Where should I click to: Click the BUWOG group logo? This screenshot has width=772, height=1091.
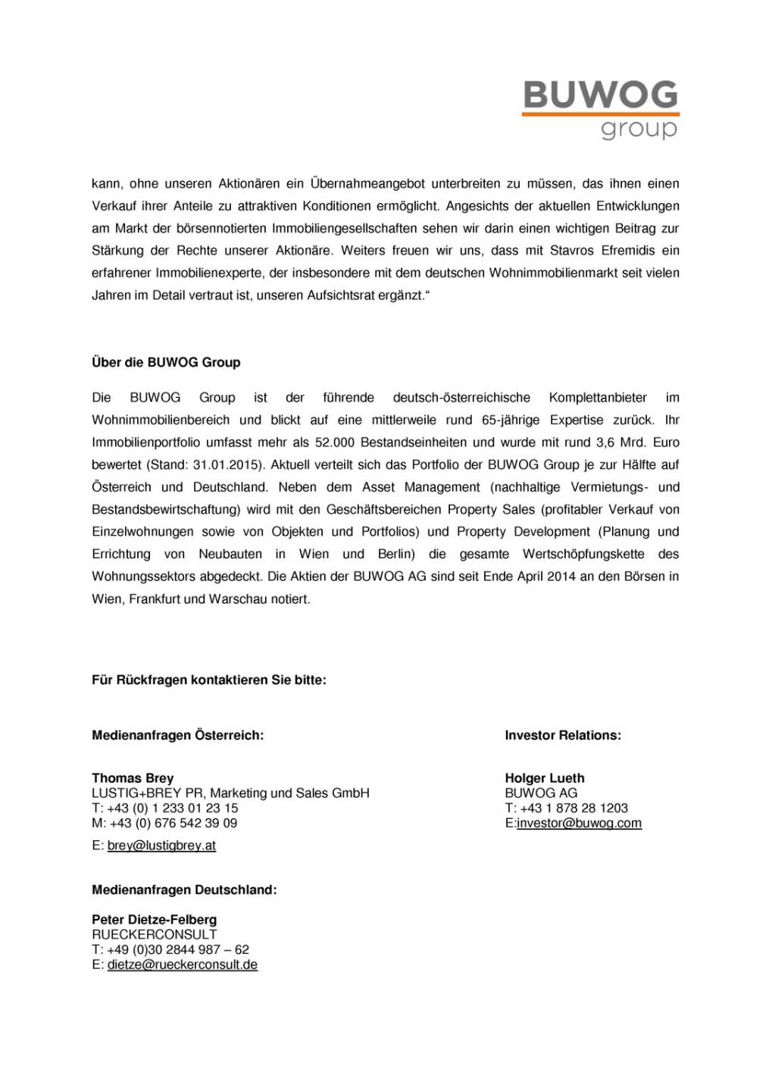[600, 109]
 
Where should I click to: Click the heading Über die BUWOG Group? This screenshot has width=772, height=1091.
[166, 362]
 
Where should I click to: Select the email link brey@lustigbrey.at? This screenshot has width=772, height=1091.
[161, 846]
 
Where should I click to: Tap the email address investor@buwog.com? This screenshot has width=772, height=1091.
[579, 824]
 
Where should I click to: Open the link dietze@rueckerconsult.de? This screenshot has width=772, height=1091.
[183, 965]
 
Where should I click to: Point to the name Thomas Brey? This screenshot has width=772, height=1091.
[133, 778]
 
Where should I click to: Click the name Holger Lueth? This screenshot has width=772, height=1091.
[545, 778]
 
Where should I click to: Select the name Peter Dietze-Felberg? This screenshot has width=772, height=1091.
[154, 920]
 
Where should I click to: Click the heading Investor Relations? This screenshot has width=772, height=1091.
[563, 736]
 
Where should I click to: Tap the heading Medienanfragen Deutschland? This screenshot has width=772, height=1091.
[184, 890]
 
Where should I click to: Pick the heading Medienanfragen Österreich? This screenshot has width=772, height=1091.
[177, 736]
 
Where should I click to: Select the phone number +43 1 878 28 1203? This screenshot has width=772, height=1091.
[574, 808]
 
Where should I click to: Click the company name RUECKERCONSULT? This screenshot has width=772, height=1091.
[155, 935]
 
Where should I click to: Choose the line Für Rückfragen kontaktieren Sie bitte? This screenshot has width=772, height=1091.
[209, 680]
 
